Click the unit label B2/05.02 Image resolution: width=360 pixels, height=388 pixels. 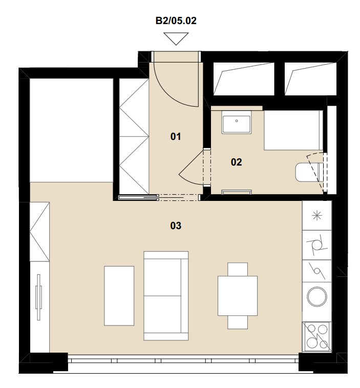tap(176, 21)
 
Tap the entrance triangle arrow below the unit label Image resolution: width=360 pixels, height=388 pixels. tap(176, 39)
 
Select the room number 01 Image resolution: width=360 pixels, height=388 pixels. tap(176, 136)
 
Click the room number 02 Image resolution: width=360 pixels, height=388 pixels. tap(236, 162)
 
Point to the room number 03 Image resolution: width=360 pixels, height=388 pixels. tap(176, 226)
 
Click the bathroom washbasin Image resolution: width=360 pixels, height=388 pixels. tap(237, 122)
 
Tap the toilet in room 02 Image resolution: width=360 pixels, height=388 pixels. tap(309, 172)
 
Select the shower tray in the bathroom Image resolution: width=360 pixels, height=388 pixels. tap(293, 130)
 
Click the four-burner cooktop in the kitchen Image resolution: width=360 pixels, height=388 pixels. tap(317, 337)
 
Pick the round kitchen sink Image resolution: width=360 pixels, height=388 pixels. tap(317, 297)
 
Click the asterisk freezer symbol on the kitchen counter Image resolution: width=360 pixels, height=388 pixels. tap(317, 216)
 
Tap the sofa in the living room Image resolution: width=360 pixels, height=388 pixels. tap(166, 296)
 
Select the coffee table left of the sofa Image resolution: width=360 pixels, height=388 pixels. tap(119, 296)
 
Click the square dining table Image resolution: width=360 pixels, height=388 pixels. tap(238, 296)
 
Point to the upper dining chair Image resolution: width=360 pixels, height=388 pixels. tap(238, 270)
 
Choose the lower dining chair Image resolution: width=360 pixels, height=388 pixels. tap(238, 322)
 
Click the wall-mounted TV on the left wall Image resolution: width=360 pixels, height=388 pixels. tap(38, 297)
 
